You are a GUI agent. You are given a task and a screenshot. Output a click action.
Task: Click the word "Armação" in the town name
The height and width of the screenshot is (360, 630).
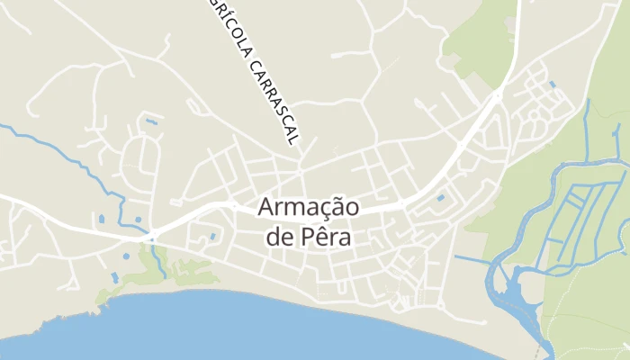click(309, 207)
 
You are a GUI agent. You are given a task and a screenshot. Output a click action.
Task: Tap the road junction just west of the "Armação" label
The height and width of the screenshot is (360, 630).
click(235, 206)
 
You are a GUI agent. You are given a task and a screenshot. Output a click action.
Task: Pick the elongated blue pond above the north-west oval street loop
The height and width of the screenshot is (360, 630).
click(151, 121)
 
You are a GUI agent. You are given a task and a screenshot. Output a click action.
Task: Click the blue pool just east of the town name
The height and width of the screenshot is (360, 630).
click(440, 197)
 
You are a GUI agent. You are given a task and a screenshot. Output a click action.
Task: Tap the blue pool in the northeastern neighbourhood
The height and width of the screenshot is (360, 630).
click(551, 85)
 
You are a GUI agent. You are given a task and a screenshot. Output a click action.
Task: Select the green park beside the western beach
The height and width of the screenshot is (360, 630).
click(180, 270)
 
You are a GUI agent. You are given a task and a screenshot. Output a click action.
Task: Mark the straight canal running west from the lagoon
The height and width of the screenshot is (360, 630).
click(472, 261)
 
